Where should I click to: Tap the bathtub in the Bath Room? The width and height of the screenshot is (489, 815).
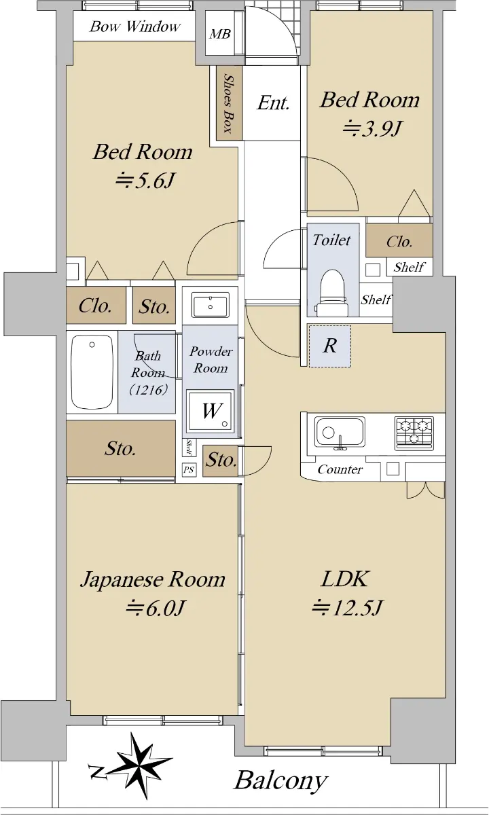click(92, 372)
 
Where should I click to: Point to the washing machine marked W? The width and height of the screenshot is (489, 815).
click(211, 411)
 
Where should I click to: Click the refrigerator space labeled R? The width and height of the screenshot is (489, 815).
click(330, 346)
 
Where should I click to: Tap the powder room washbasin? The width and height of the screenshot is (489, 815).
click(211, 305)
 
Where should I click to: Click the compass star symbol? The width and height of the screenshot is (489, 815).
click(140, 758)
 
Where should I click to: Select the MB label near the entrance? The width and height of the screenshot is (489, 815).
click(220, 34)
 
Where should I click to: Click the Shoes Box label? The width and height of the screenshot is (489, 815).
click(228, 103)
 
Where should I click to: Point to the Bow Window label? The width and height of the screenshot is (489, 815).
click(135, 26)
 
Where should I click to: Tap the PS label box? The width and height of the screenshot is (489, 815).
click(189, 470)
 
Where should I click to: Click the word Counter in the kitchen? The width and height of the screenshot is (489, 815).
click(340, 469)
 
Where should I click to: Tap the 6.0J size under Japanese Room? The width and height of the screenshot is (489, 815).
click(156, 608)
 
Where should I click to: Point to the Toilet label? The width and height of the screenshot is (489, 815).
click(332, 240)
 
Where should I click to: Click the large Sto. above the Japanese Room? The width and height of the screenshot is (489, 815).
click(120, 449)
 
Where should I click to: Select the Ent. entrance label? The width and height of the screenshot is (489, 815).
click(273, 103)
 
